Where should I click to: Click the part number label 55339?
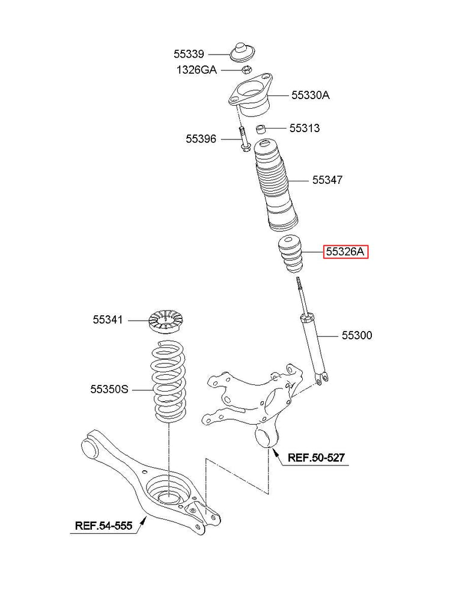tap(189, 54)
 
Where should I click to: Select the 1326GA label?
tap(196, 70)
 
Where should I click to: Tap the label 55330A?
tap(311, 95)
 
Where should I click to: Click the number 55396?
tap(201, 139)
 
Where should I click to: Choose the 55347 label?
tap(327, 180)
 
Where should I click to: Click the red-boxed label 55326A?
tap(345, 252)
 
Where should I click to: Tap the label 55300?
tap(357, 335)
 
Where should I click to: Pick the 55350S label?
tap(109, 389)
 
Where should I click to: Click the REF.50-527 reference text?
tap(315, 458)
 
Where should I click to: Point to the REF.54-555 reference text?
tap(103, 527)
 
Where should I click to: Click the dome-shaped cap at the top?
tap(243, 52)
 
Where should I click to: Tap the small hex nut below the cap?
tap(246, 70)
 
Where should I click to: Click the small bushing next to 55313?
tap(261, 128)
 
